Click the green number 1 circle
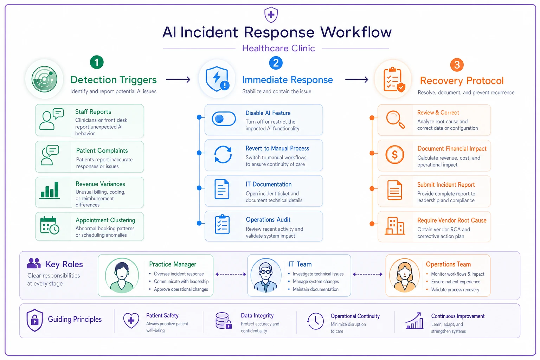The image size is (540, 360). [97, 62]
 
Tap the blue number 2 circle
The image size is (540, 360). [276, 63]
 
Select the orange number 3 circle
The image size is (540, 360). [457, 65]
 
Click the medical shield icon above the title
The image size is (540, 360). [271, 15]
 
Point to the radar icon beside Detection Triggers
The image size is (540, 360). [45, 79]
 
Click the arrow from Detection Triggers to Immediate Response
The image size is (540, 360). [178, 79]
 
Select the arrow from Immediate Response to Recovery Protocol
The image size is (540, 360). [357, 79]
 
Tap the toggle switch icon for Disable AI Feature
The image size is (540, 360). [224, 118]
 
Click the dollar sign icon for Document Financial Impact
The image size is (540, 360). [395, 155]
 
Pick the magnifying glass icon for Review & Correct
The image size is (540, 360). [396, 120]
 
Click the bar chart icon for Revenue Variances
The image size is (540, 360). [50, 190]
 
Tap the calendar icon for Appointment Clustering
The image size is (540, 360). [50, 225]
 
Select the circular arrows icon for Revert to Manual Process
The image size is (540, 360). [223, 155]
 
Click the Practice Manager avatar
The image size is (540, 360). [122, 275]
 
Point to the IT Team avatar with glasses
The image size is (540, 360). [266, 275]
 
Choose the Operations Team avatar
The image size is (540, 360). [405, 275]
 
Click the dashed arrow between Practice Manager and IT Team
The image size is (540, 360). [231, 274]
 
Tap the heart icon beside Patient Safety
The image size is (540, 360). [131, 321]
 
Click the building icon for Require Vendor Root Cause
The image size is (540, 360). [395, 226]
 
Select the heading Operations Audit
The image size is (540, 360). [268, 220]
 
